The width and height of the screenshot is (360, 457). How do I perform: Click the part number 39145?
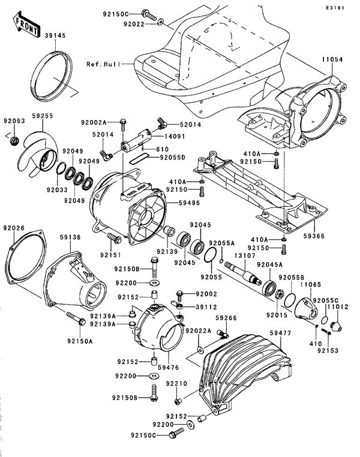(55, 36)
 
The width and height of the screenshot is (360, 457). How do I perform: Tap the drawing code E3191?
(344, 8)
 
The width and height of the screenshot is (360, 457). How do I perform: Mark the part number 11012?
(339, 307)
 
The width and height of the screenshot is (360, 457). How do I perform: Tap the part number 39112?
(206, 305)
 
